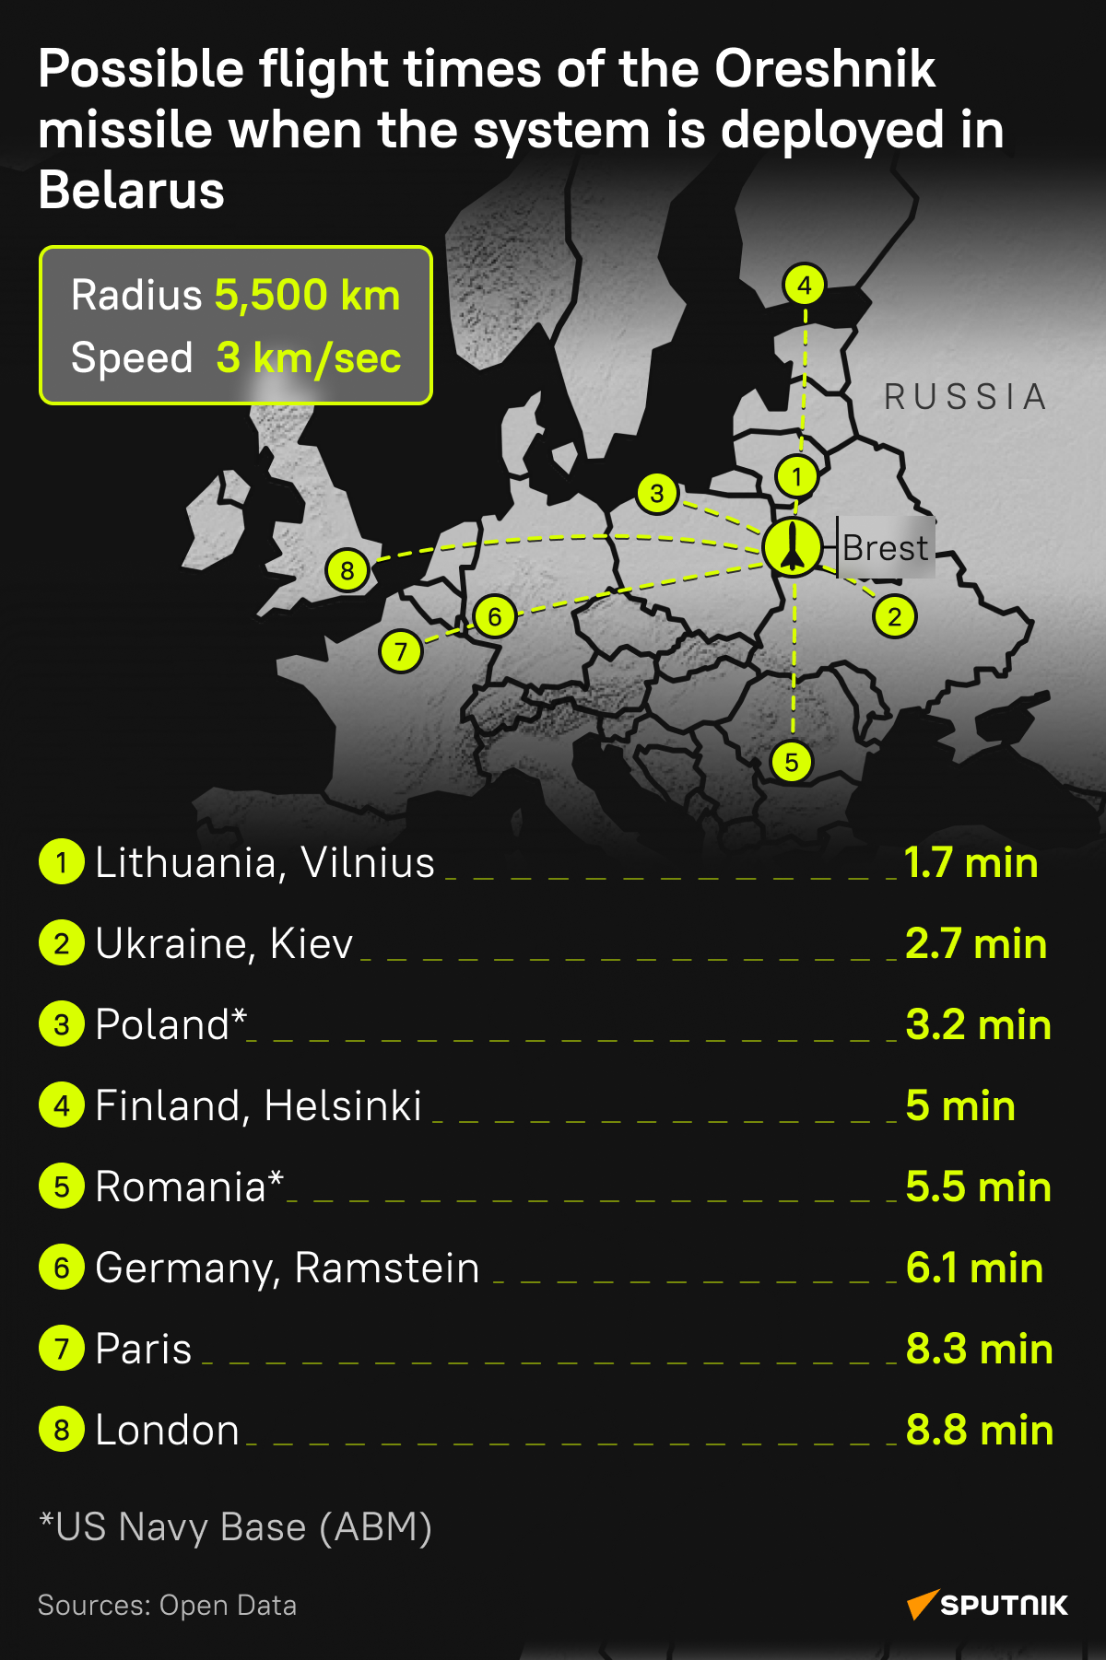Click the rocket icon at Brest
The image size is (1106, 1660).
coord(793,547)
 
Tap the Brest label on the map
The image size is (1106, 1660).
coord(885,548)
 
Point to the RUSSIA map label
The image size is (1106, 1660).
coord(965,397)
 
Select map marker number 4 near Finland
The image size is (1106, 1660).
coord(805,286)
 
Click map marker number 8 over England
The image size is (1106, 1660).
coord(347,571)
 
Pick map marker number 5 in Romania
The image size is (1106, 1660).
coord(792,762)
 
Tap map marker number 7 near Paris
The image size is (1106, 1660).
coord(401,652)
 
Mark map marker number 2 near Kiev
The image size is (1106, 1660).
coord(895,616)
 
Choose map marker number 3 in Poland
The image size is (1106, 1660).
coord(657,494)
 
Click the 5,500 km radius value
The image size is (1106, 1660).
coord(308,296)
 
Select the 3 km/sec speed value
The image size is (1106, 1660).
coord(309,358)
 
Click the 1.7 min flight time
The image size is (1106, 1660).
coord(971,863)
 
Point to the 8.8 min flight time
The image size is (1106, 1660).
coord(979,1431)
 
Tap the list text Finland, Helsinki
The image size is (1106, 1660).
coord(258,1106)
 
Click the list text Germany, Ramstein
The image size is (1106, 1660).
coord(287,1268)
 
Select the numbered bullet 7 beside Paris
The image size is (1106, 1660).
coord(62,1349)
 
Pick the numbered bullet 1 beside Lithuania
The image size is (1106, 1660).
coord(62,863)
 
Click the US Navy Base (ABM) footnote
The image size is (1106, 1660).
coord(236,1527)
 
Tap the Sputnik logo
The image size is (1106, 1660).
coord(988,1605)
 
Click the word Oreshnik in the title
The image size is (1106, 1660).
coord(825,69)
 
